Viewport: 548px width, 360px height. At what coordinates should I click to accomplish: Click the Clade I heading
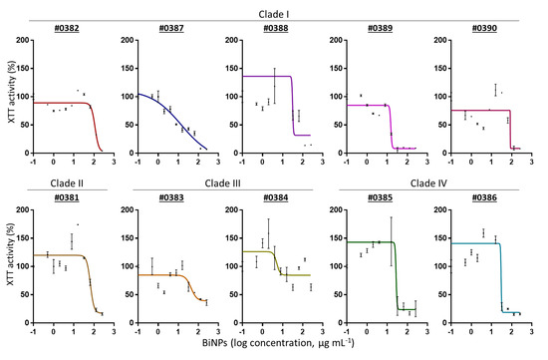click(275, 8)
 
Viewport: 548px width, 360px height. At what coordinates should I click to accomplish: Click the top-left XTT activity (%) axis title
click(8, 96)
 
